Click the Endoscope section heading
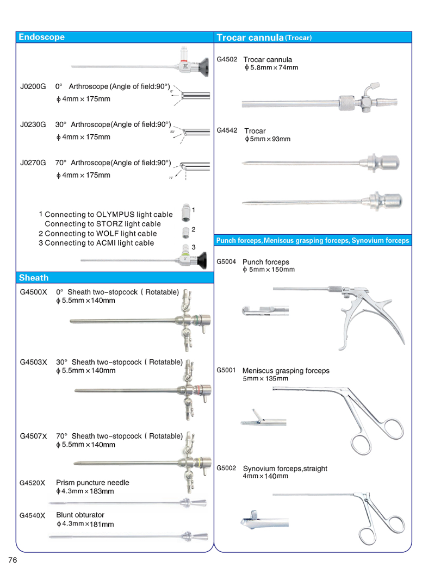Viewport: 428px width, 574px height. (x=41, y=38)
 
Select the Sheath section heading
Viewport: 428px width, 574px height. (x=33, y=278)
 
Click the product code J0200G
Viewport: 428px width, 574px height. (x=33, y=86)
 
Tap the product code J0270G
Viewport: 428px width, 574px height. (x=33, y=163)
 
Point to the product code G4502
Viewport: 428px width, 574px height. (x=227, y=59)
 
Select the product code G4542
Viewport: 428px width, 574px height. (x=227, y=130)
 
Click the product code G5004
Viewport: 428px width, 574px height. (x=226, y=261)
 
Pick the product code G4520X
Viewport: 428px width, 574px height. (x=32, y=483)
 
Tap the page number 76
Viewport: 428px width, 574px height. (x=13, y=560)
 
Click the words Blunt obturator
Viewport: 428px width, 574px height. (x=80, y=515)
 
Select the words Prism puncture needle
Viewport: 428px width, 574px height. (x=92, y=483)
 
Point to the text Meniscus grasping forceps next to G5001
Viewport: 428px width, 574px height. (x=286, y=371)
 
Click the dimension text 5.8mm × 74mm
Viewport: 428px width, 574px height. (x=271, y=68)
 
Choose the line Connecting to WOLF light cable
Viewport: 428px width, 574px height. (x=97, y=234)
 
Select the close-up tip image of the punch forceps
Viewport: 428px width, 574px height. (x=258, y=311)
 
